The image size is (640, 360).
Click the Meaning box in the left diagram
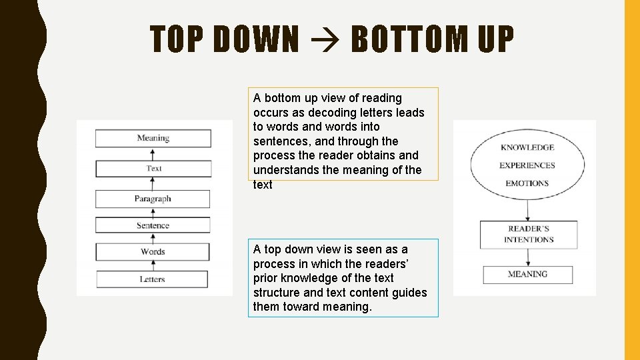(153, 139)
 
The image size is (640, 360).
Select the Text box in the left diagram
(154, 169)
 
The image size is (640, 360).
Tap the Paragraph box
(153, 199)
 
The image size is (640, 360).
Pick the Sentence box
(153, 225)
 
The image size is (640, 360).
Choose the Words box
(153, 252)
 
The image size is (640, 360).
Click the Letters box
(152, 279)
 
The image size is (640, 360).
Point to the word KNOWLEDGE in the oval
(527, 147)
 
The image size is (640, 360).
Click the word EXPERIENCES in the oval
(527, 165)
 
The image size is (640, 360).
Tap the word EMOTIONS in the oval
(527, 183)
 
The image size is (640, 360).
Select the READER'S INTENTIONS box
(529, 234)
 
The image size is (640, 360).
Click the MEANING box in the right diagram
(527, 274)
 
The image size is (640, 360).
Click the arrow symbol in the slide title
(325, 39)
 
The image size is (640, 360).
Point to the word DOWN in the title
(257, 39)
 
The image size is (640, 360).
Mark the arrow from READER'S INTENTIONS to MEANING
(528, 257)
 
